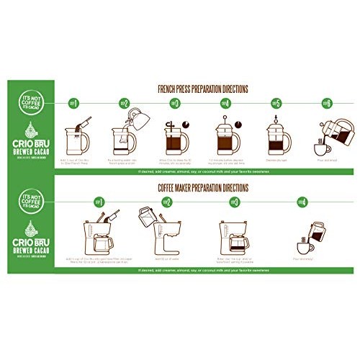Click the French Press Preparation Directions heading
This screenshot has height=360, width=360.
[x=202, y=89]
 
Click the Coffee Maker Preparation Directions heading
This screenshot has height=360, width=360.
[x=202, y=188]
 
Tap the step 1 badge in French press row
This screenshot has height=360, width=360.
[x=71, y=103]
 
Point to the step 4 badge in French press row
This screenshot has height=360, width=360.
[x=224, y=103]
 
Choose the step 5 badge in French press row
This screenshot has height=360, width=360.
[x=275, y=103]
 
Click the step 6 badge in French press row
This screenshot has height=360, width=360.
[x=326, y=103]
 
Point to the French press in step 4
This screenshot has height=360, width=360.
[x=225, y=134]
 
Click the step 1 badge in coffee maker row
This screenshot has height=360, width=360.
[x=99, y=202]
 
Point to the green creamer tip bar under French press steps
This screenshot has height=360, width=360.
[x=202, y=173]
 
